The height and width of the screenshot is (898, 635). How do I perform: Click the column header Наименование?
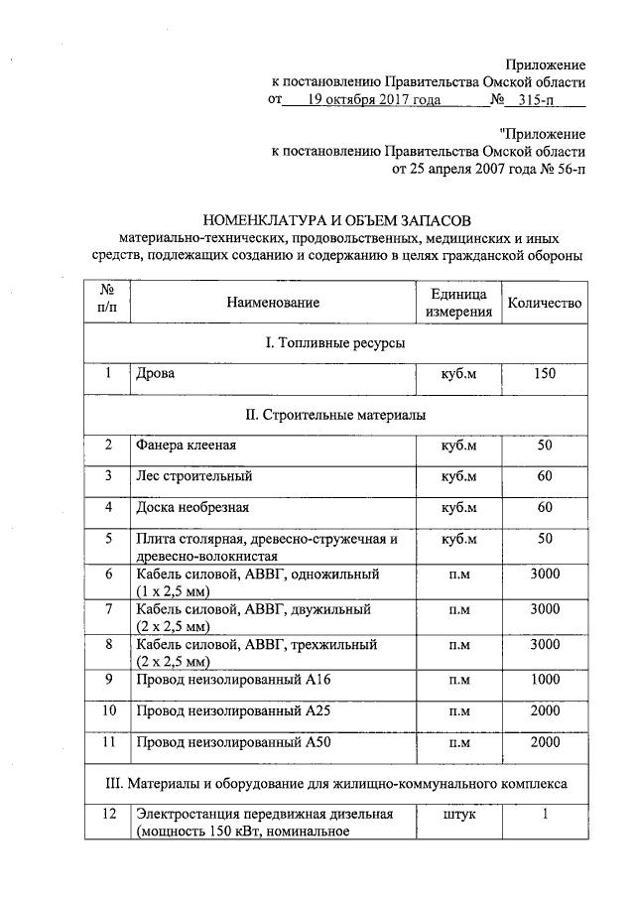[272, 303]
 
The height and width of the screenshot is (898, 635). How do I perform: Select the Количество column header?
[544, 303]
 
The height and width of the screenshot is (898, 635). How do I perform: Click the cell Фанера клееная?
[186, 446]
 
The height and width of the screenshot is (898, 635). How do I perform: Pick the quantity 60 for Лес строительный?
[544, 476]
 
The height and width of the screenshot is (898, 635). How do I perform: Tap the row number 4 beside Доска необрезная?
[107, 508]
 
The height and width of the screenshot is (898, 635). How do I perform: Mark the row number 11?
[108, 742]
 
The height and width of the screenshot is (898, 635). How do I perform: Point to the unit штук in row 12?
[458, 815]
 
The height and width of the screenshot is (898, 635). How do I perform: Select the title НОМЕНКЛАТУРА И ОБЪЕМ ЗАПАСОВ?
[335, 219]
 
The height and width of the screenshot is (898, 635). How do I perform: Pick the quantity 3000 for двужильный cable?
[544, 609]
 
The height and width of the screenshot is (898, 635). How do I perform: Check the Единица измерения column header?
[458, 303]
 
